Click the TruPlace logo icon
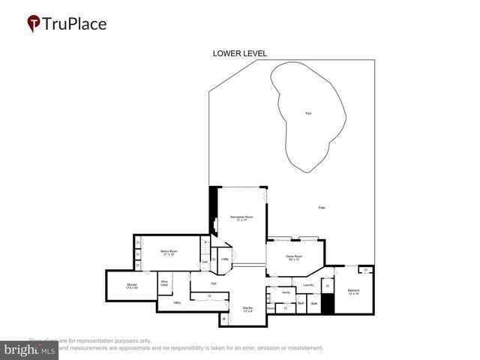tap(34, 24)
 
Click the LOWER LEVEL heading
tap(240, 53)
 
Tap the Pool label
tap(307, 113)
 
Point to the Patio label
tap(321, 207)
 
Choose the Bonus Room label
tap(169, 253)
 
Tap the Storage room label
tap(132, 285)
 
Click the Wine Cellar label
tap(163, 283)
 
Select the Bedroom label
tap(353, 291)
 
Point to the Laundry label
tap(308, 285)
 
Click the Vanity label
tap(286, 292)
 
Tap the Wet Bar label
tap(247, 309)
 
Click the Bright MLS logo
tap(30, 350)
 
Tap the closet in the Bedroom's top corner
tap(365, 270)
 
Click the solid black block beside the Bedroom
tap(327, 304)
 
